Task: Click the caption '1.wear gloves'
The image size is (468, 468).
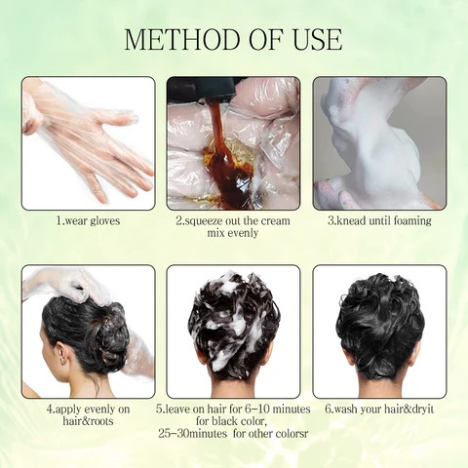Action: pyautogui.click(x=88, y=221)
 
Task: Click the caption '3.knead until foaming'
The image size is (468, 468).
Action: pyautogui.click(x=379, y=221)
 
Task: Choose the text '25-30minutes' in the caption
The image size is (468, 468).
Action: pyautogui.click(x=201, y=435)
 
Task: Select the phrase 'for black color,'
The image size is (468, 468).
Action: pyautogui.click(x=233, y=422)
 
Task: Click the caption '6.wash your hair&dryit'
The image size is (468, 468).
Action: pyautogui.click(x=379, y=409)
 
